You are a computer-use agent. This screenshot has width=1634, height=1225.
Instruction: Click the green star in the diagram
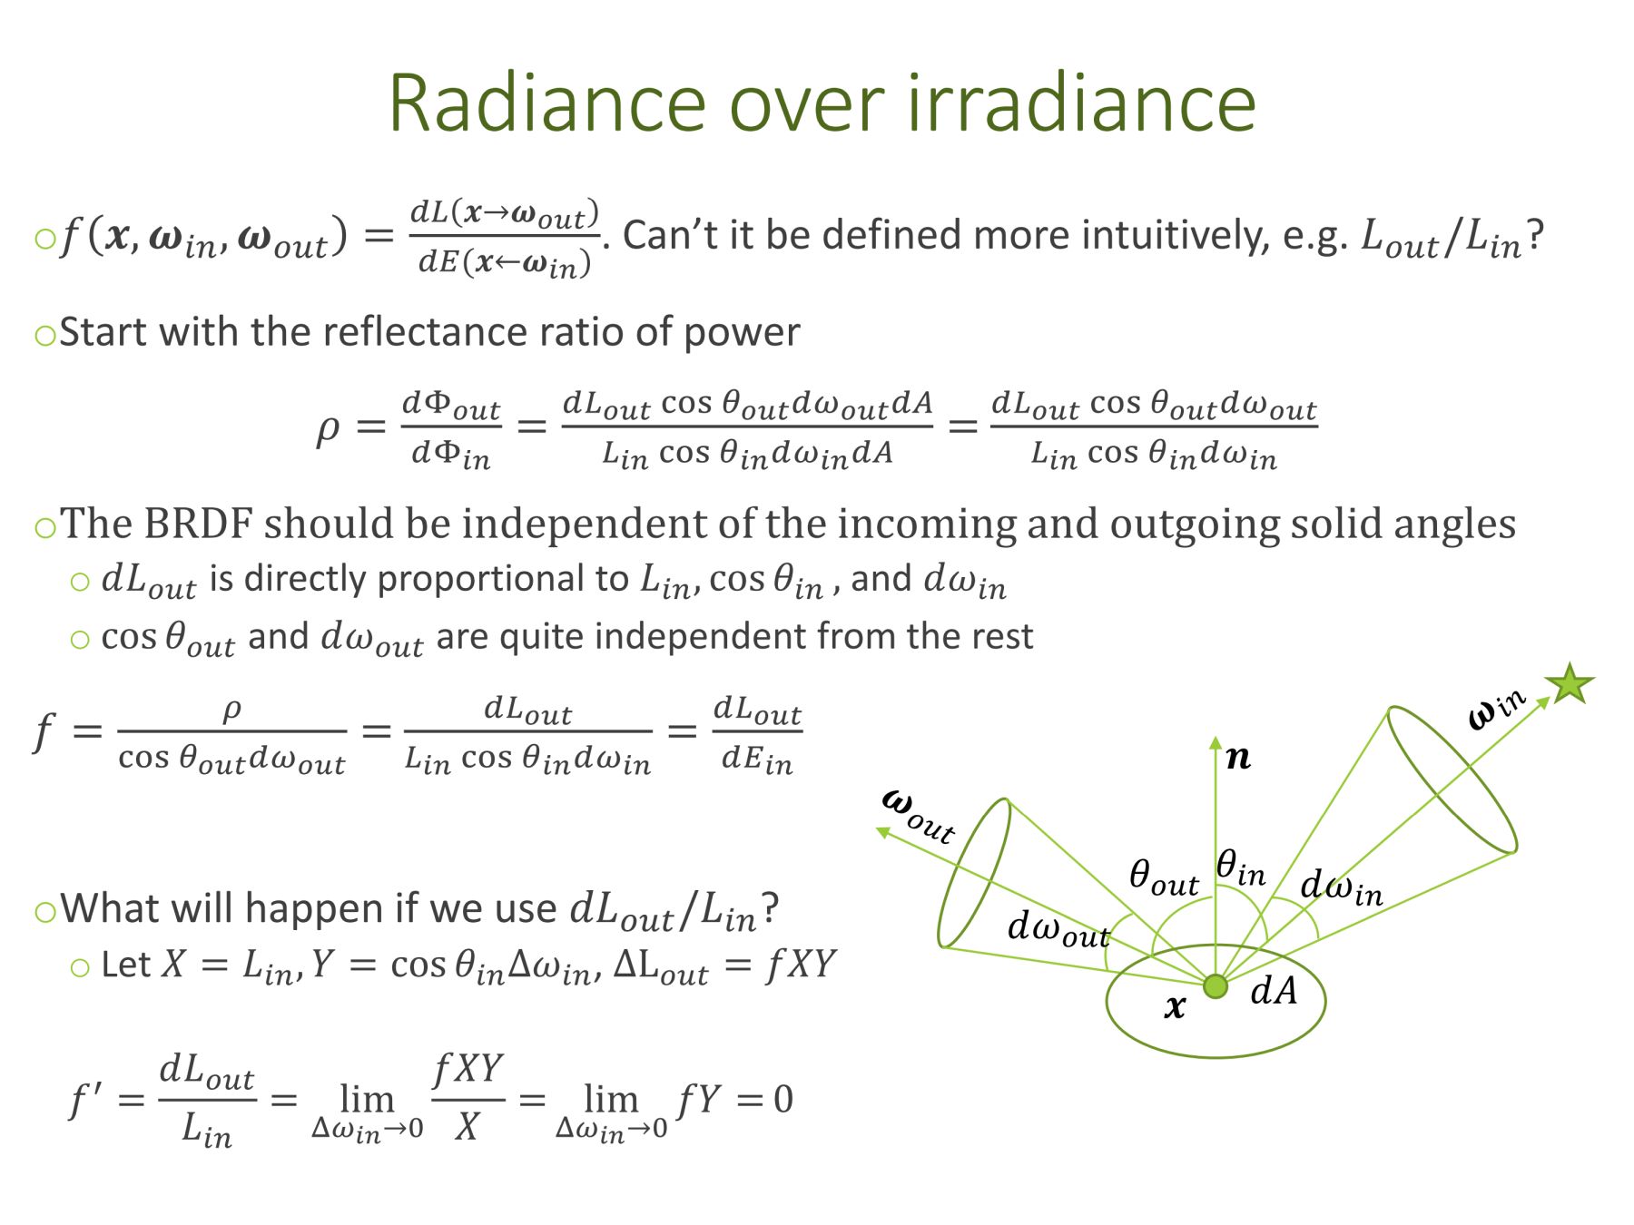(x=1570, y=683)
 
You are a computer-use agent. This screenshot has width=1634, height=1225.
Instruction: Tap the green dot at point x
(x=1216, y=986)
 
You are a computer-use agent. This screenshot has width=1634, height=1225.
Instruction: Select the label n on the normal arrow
(x=1238, y=757)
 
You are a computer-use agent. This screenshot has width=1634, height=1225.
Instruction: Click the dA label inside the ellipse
(x=1274, y=990)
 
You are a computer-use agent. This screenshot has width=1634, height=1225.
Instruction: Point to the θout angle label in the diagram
(x=1164, y=877)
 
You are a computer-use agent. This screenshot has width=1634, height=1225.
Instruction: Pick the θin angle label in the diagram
(x=1241, y=867)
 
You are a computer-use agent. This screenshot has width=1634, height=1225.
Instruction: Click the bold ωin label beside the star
(x=1498, y=709)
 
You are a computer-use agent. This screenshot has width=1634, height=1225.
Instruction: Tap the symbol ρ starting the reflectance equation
(x=327, y=428)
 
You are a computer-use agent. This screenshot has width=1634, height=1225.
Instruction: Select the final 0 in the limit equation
(x=783, y=1100)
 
